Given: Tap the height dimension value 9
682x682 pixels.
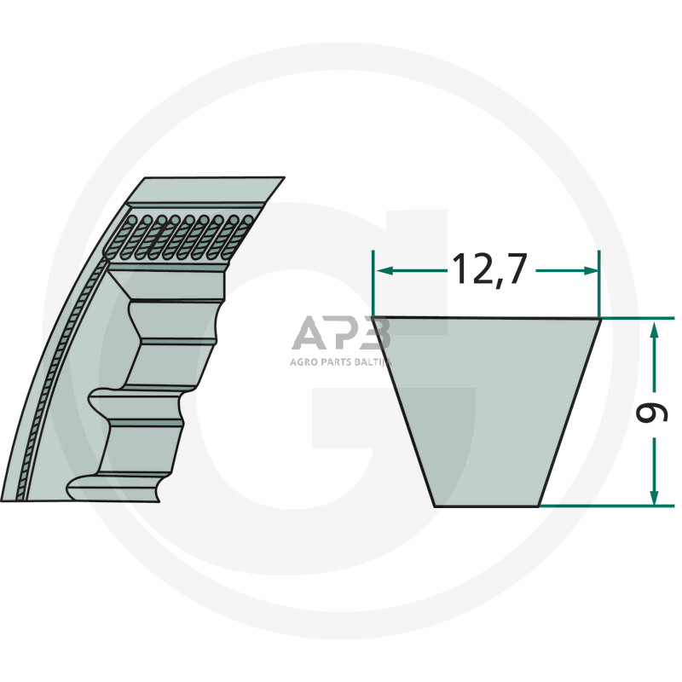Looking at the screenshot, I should coord(651,413).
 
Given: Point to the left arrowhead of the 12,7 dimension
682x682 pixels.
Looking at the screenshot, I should coord(381,271).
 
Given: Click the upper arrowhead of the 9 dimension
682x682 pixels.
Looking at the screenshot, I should coord(654,327).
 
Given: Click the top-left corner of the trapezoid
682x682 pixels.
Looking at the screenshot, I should coord(373,319).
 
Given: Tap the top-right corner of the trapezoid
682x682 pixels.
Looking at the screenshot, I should coord(600,319).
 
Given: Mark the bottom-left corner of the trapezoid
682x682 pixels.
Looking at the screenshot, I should coord(436,506).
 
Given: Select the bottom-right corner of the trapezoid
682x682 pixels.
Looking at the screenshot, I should coord(539,506).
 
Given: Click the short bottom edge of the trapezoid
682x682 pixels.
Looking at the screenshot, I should coord(487,506).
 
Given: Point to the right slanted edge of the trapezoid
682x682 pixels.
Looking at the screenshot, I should coord(569,413).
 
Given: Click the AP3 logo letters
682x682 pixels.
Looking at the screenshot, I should coord(340,334).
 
